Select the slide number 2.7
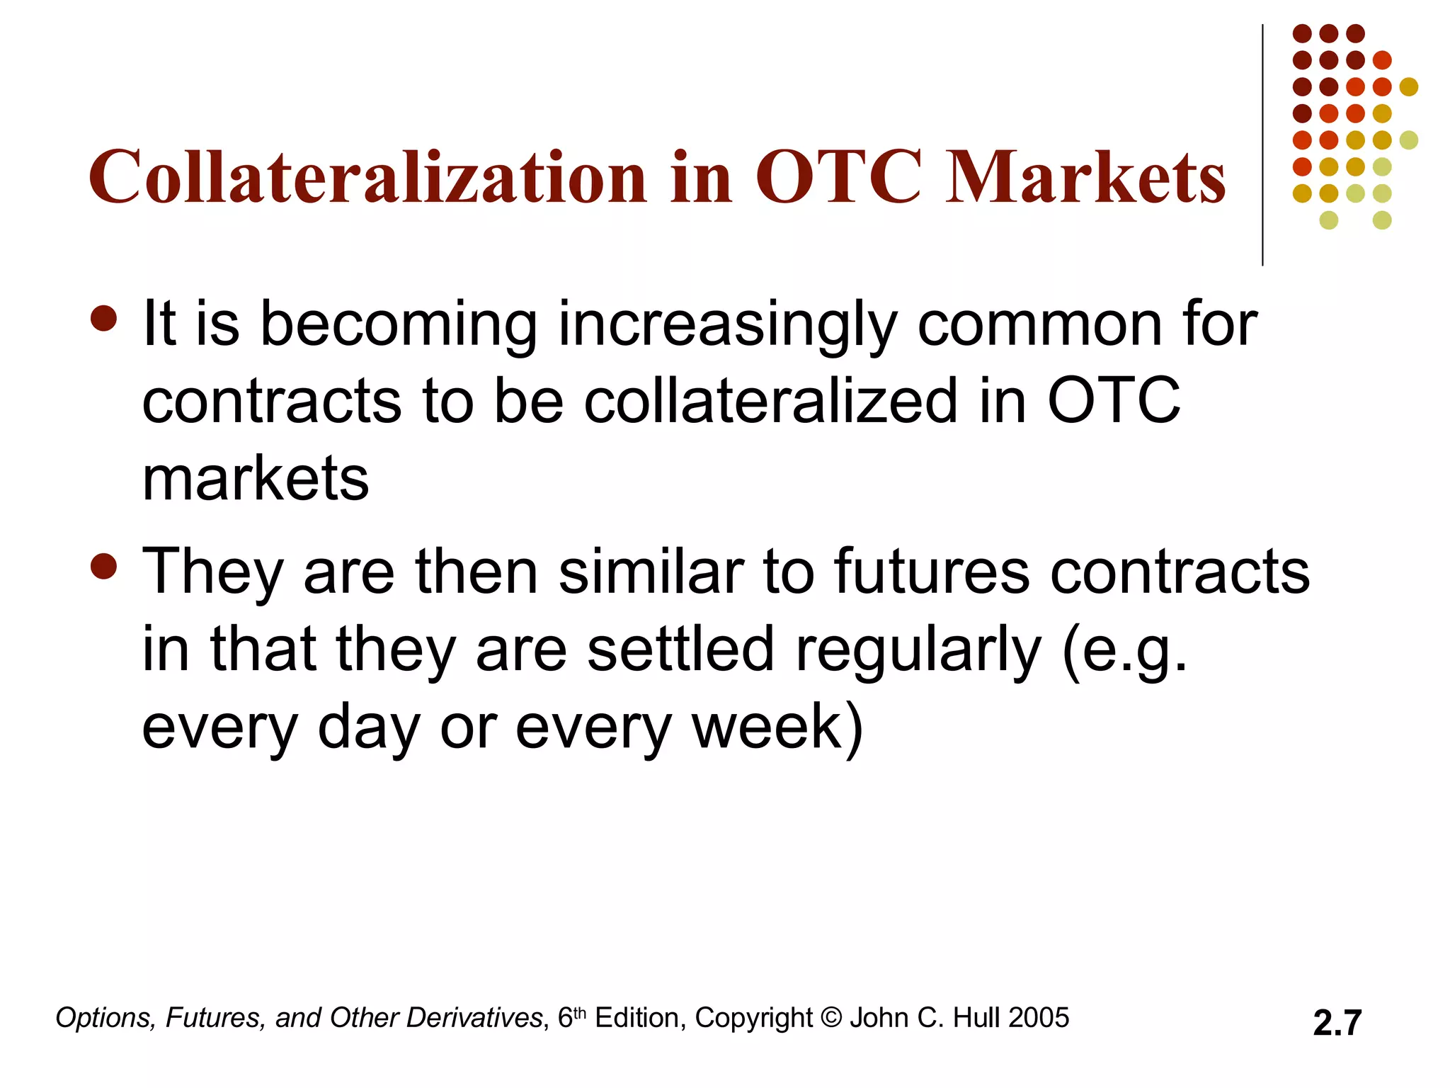pos(1337,1023)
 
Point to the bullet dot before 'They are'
pos(104,566)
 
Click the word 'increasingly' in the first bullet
pos(727,326)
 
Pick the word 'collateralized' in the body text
pos(770,402)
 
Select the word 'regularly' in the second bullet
pos(918,650)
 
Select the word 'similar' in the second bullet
pos(651,572)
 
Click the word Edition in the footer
pos(638,1018)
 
